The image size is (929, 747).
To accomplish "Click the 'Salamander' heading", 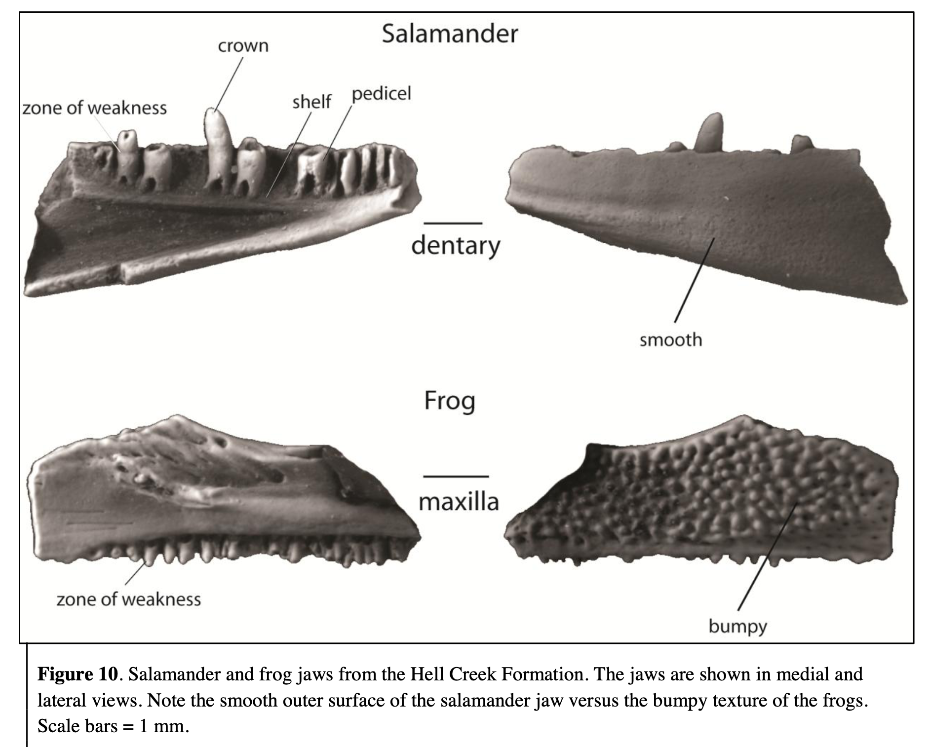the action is (x=450, y=34).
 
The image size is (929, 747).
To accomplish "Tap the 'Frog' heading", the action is (x=449, y=401).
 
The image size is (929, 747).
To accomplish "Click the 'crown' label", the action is (x=243, y=46).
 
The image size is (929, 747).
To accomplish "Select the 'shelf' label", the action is (x=311, y=102).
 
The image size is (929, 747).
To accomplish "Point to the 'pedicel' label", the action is (x=381, y=93).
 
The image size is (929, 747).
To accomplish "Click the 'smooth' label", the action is (x=670, y=339).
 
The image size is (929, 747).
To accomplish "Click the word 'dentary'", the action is (x=456, y=245).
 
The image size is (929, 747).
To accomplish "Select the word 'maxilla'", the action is (x=459, y=502).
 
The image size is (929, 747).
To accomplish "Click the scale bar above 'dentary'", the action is (x=453, y=224).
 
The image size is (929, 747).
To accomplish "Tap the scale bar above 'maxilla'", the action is (x=456, y=476).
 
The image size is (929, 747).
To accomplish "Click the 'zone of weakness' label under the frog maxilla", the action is (x=128, y=599).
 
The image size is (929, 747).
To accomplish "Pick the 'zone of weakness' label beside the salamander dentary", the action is (x=95, y=108).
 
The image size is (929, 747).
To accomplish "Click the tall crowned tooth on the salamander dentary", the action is (x=217, y=148).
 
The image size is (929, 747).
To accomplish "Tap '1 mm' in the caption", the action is (x=163, y=726).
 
